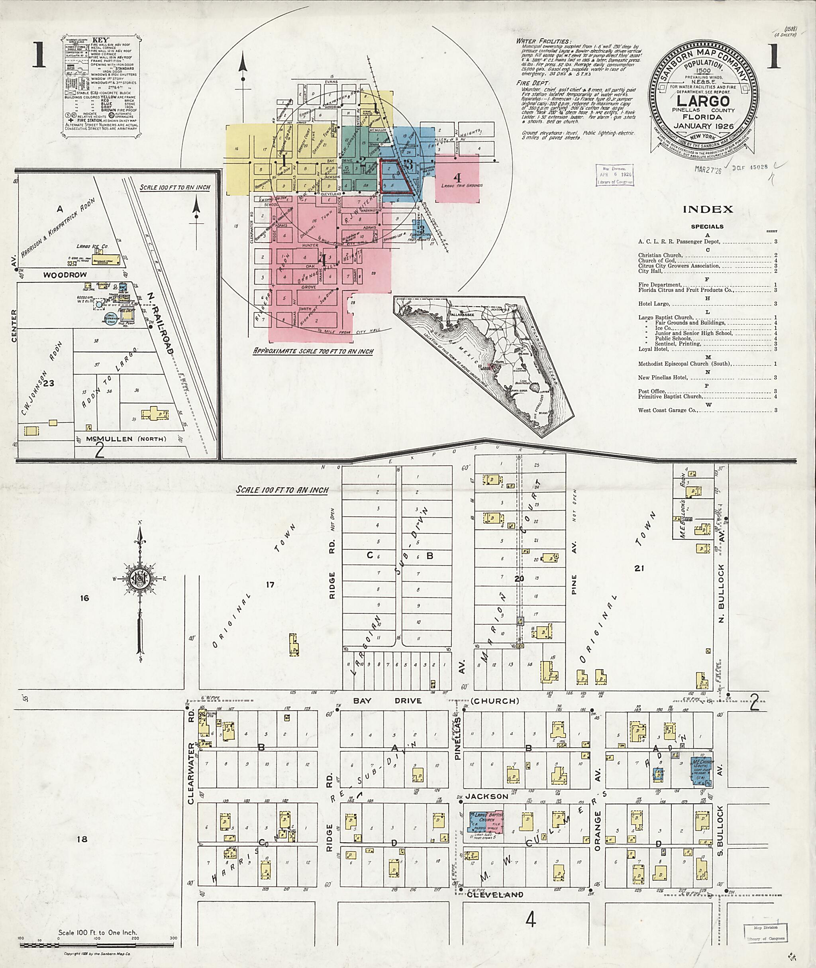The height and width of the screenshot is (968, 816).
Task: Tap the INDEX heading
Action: click(708, 209)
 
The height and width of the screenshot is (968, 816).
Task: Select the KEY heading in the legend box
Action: click(100, 40)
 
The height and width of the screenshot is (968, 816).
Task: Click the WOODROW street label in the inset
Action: click(65, 275)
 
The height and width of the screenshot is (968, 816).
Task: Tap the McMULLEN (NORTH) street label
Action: click(121, 439)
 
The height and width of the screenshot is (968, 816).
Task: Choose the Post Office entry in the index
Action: click(653, 391)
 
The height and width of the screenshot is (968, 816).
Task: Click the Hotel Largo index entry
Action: click(653, 304)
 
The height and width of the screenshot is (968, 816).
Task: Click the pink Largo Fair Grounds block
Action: click(457, 179)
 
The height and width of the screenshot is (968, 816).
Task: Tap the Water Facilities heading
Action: click(543, 41)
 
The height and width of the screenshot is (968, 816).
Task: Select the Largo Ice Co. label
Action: click(96, 247)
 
